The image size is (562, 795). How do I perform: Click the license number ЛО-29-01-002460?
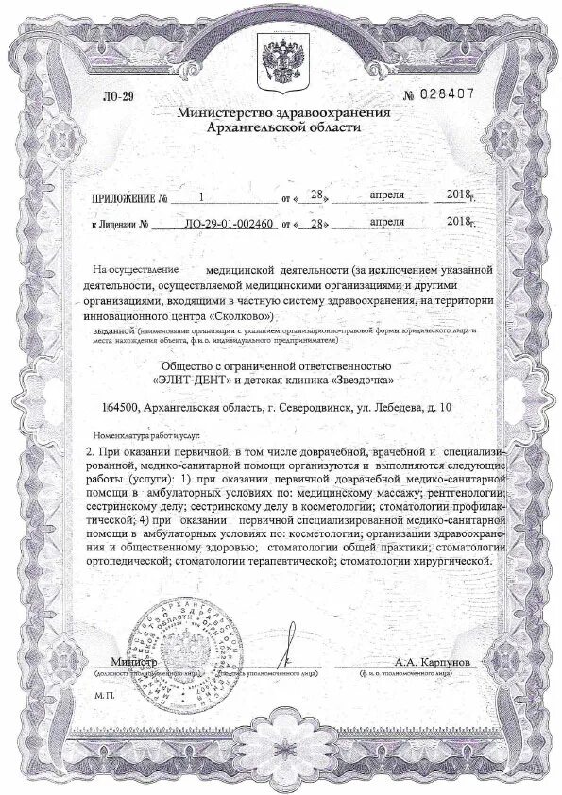click(x=227, y=226)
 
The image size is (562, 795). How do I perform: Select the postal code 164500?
click(x=121, y=408)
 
